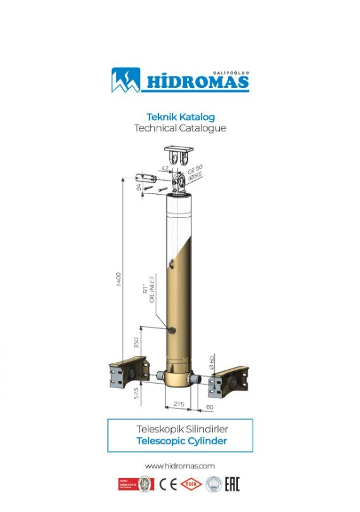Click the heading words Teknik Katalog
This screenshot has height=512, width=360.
[180, 117]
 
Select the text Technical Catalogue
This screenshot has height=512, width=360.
[180, 128]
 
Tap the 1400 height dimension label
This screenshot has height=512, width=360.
[118, 279]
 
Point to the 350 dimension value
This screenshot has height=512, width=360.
[136, 344]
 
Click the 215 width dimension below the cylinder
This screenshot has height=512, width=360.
[179, 403]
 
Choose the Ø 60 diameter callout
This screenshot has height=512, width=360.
[212, 362]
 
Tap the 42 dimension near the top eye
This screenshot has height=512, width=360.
[165, 169]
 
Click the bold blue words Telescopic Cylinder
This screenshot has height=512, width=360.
[181, 441]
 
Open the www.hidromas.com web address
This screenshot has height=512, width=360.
[180, 465]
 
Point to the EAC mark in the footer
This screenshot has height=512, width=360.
[232, 485]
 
